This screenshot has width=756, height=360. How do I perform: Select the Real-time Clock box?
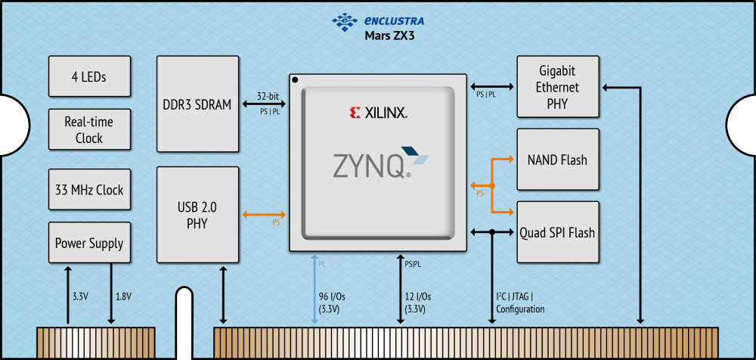pos(89,130)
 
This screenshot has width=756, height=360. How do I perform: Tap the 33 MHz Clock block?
pos(89,189)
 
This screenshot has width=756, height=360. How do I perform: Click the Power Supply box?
pos(89,244)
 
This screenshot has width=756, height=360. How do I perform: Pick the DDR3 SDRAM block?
pos(197,104)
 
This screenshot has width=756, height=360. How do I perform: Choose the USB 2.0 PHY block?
pos(197,214)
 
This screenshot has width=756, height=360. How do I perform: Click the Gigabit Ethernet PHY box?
pos(557,86)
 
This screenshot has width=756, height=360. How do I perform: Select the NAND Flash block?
pos(557,160)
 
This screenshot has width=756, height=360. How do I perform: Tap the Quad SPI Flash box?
pos(557,232)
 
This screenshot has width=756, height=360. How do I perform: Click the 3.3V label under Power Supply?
pos(80,296)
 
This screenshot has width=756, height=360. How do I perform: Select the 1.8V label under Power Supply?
pos(123,296)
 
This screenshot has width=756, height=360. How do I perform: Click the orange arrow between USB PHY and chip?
pos(264,215)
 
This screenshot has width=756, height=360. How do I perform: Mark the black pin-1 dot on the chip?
pos(296,80)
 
